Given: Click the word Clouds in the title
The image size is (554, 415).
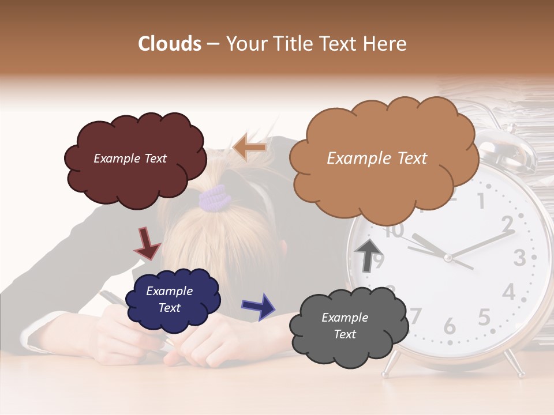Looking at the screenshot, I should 170,44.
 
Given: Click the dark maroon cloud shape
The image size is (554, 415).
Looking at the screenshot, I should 134,159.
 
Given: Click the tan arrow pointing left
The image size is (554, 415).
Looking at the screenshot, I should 249,148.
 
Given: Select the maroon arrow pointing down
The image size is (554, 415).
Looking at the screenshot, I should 147,243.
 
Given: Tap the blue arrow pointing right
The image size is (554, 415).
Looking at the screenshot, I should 258,306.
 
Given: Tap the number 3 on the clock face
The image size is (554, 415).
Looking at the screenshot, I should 519,258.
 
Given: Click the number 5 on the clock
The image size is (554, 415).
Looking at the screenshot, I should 484,318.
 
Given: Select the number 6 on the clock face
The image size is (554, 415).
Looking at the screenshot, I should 450,327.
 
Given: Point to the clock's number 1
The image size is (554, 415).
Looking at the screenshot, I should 481,201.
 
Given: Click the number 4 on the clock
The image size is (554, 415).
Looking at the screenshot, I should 508,292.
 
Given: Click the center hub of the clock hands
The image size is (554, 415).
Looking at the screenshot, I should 447,256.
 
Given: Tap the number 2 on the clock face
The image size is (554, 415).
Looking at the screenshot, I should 507,223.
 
